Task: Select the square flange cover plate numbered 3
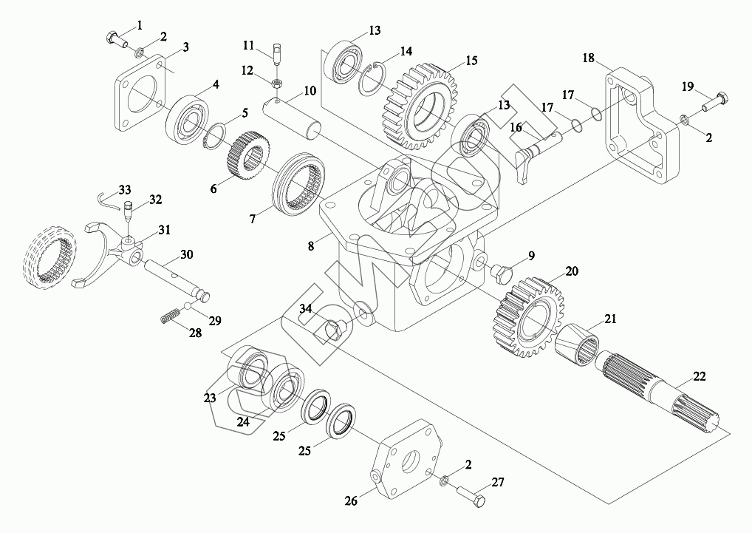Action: (x=140, y=93)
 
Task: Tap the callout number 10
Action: (x=310, y=90)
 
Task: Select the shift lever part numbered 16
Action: (x=539, y=154)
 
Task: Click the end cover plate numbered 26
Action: (x=406, y=461)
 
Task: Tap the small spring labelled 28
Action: (x=170, y=316)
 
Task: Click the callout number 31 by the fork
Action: (x=165, y=231)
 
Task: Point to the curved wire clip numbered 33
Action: (x=109, y=200)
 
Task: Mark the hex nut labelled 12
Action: (x=276, y=83)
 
